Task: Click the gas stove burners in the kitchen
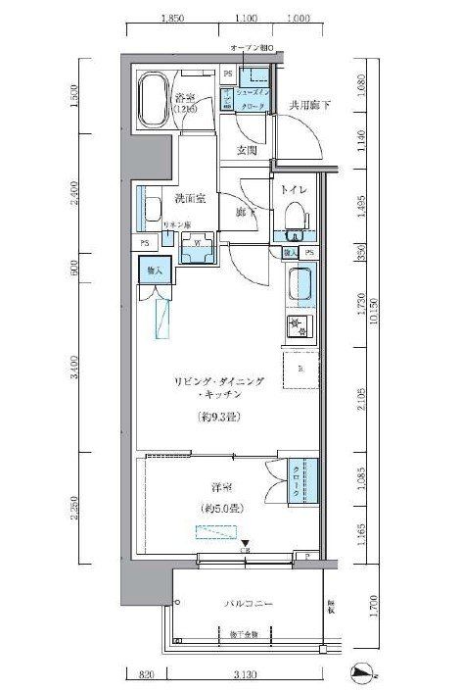pos(299,324)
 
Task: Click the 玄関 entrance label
pos(246,150)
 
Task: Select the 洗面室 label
pos(189,199)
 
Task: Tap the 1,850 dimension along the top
pos(172,18)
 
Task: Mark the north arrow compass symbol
pos(363,672)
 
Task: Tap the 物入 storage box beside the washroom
pos(155,268)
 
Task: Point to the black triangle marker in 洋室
pos(246,545)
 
